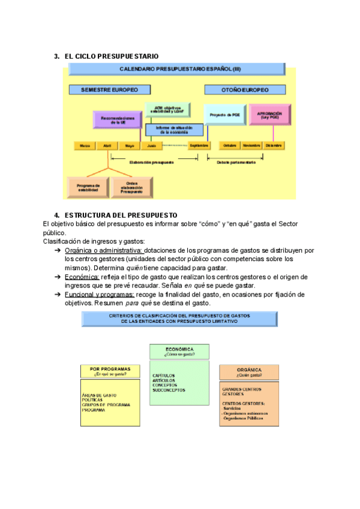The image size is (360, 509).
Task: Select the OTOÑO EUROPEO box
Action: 245,89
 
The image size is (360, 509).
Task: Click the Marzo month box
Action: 85,146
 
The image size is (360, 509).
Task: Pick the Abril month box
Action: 107,146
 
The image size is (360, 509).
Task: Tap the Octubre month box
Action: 229,146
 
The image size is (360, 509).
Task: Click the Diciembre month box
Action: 273,146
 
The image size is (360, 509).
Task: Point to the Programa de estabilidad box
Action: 88,187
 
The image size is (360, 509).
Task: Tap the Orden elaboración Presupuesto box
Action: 131,187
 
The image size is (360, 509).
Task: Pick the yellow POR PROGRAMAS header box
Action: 111,372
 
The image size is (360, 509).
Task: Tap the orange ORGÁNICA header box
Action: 250,372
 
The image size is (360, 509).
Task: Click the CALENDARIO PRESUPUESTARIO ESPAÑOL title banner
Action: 180,69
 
